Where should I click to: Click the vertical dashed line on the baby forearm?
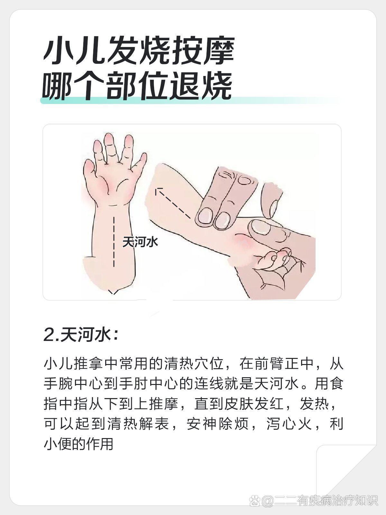point(114,242)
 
